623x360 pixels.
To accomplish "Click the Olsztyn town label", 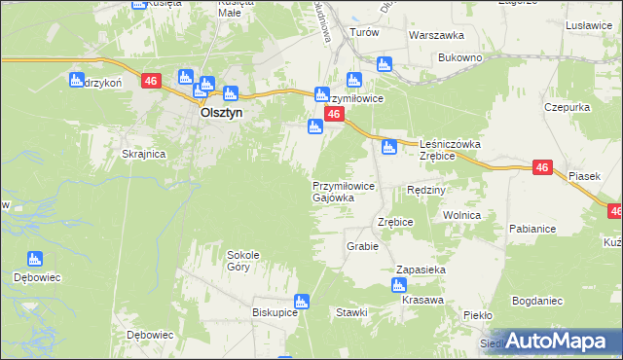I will click(220, 112).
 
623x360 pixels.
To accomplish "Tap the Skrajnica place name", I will click(143, 154).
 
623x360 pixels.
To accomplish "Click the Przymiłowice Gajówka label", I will click(340, 191).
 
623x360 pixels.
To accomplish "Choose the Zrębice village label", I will click(396, 222).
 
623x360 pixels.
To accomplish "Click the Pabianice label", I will click(531, 229).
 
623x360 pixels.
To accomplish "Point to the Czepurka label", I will click(568, 106).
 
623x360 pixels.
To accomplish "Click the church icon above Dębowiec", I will click(35, 259).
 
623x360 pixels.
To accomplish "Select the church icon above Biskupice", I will click(302, 302).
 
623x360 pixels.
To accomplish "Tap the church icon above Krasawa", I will click(398, 284).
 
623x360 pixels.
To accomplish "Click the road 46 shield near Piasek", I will click(543, 168).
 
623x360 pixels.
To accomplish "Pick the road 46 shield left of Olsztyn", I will click(150, 82).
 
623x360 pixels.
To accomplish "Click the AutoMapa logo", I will click(560, 341).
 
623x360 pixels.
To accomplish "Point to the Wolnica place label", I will click(461, 214).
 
